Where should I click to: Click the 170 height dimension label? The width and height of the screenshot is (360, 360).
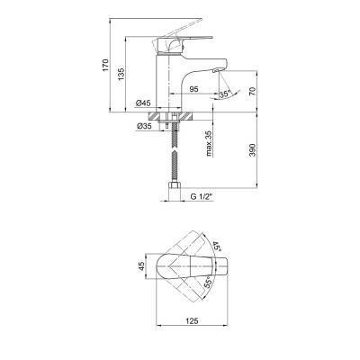click(105, 65)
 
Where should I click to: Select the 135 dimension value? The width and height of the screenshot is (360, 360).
click(121, 74)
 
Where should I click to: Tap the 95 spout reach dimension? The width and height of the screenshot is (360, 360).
click(194, 89)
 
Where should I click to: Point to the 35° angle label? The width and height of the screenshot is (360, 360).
click(225, 94)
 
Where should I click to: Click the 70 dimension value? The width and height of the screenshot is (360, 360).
click(252, 91)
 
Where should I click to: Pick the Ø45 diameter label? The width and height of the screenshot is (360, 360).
click(143, 103)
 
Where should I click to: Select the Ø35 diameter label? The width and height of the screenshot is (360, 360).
click(144, 127)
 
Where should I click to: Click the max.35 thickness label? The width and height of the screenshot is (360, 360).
click(210, 144)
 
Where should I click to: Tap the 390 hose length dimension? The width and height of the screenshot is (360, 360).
click(252, 150)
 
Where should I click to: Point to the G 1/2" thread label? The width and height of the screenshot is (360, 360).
click(202, 197)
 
